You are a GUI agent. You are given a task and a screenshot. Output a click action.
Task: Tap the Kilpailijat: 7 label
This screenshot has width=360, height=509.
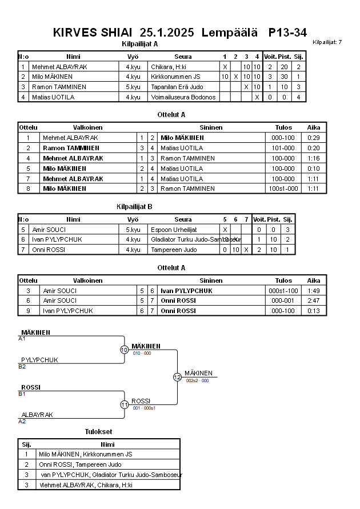pyautogui.click(x=327, y=42)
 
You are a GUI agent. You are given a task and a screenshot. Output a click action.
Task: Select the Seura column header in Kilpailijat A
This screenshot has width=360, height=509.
pyautogui.click(x=183, y=57)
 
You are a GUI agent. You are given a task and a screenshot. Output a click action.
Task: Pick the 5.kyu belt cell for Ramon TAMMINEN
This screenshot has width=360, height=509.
pyautogui.click(x=133, y=87)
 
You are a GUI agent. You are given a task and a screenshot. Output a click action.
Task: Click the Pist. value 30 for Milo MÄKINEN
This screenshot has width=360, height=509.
pyautogui.click(x=284, y=77)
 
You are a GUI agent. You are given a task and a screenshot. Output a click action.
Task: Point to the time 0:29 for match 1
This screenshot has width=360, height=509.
pyautogui.click(x=313, y=138)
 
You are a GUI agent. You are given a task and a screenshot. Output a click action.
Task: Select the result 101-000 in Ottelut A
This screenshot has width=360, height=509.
pyautogui.click(x=283, y=148)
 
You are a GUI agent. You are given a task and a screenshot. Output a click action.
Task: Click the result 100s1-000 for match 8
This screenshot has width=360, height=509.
pyautogui.click(x=283, y=189)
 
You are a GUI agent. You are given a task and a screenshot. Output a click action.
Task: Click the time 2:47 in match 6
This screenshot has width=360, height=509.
pyautogui.click(x=313, y=300)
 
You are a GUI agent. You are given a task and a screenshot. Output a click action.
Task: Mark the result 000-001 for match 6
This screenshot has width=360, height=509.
pyautogui.click(x=283, y=300)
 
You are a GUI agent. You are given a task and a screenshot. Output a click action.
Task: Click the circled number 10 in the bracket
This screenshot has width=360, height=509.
pyautogui.click(x=124, y=350)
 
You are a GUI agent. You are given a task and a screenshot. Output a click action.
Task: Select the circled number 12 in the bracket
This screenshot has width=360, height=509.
pyautogui.click(x=177, y=377)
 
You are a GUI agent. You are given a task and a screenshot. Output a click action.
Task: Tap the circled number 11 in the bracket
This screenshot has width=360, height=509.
pyautogui.click(x=124, y=404)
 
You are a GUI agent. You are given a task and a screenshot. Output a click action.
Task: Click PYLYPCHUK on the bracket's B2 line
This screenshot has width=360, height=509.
pyautogui.click(x=39, y=360)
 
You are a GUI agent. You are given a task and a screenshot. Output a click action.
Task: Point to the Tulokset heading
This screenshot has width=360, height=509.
pyautogui.click(x=98, y=431)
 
